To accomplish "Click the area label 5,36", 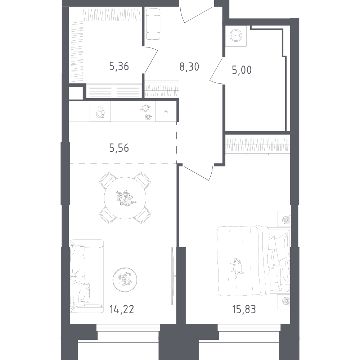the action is (119, 67).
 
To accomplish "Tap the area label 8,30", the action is (189, 67).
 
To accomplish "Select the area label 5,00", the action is (242, 70).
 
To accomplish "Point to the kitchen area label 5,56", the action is (119, 148).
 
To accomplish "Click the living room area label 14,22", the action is (121, 310).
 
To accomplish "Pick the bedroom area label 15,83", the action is (244, 310).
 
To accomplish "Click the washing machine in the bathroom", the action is (236, 36).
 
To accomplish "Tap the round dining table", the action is (125, 198).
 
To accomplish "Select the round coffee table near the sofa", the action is (125, 280).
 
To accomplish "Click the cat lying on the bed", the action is (237, 268).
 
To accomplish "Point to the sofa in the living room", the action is (87, 277).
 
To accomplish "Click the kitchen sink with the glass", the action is (100, 111).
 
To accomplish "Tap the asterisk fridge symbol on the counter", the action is (166, 111).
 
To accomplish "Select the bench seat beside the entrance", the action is (153, 24).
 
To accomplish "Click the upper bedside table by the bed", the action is (284, 219).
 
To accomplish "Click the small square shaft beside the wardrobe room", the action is (76, 93).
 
